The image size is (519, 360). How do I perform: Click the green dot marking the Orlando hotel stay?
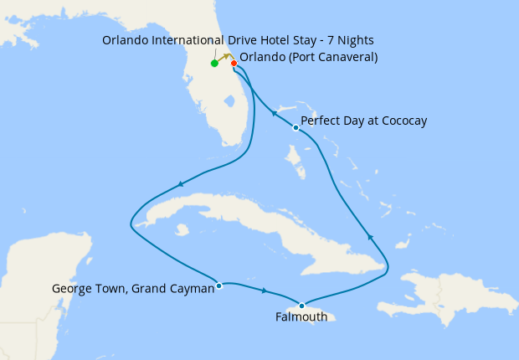pyautogui.click(x=215, y=63)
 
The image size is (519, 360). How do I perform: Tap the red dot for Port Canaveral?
pyautogui.click(x=234, y=63)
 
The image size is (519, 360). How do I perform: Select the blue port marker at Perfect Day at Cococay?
pyautogui.click(x=295, y=128)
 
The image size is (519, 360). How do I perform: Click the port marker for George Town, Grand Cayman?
pyautogui.click(x=218, y=285)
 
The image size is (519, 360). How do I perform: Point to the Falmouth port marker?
pyautogui.click(x=301, y=306)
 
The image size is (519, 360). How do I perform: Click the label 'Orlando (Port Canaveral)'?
pyautogui.click(x=308, y=58)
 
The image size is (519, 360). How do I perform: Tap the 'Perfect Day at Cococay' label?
pyautogui.click(x=363, y=121)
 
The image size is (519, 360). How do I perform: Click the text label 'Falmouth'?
pyautogui.click(x=301, y=318)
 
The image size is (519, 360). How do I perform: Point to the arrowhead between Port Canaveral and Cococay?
pyautogui.click(x=274, y=113)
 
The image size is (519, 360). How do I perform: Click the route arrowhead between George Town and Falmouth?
pyautogui.click(x=265, y=291)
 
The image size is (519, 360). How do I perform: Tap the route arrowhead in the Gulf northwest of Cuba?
pyautogui.click(x=180, y=184)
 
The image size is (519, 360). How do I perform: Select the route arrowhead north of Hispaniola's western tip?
pyautogui.click(x=370, y=239)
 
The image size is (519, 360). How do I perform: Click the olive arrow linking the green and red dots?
pyautogui.click(x=225, y=58)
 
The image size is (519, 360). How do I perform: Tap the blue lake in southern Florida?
pyautogui.click(x=226, y=101)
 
